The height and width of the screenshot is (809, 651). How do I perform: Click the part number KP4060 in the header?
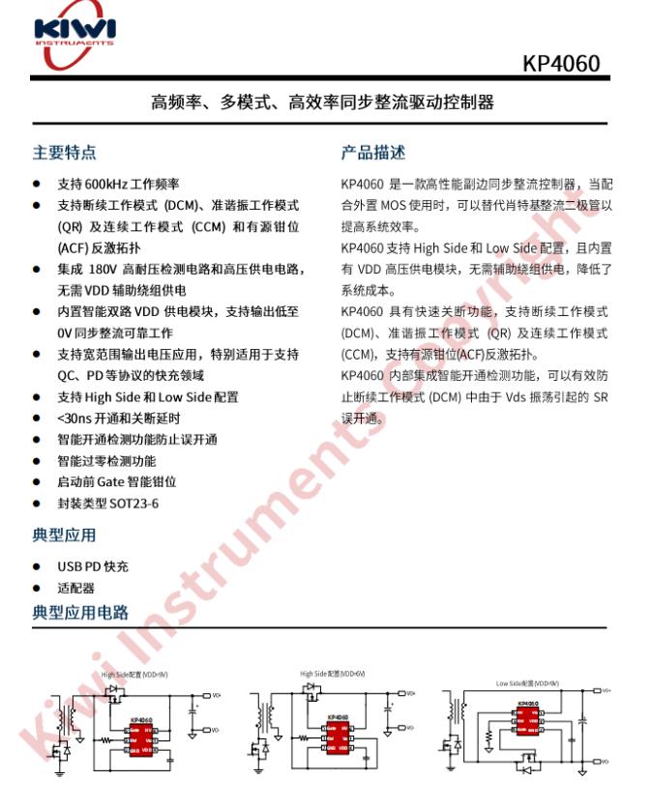click(x=560, y=64)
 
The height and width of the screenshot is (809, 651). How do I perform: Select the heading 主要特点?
click(x=64, y=153)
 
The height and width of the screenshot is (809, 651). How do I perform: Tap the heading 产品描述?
click(x=372, y=153)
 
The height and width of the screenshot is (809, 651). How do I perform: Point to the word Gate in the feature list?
click(x=110, y=481)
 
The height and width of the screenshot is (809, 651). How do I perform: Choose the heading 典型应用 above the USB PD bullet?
click(x=64, y=535)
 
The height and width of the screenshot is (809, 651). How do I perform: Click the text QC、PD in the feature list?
click(x=82, y=375)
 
